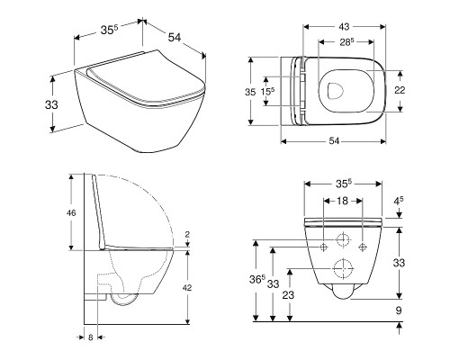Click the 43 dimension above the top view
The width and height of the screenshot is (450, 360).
coord(344,27)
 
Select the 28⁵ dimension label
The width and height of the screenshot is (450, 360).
coord(346,42)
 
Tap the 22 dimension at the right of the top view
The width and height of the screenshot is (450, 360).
coord(400,90)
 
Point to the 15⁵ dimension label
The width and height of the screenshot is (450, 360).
coord(267,91)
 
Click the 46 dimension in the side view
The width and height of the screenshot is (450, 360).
coord(71,213)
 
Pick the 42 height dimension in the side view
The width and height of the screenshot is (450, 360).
coord(187,288)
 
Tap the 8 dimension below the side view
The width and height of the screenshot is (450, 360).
coord(91,337)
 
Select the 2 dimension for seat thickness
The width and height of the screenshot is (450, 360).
coord(187,235)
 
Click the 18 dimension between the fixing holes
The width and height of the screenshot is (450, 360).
coord(342,201)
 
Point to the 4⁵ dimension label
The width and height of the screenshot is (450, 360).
coord(399,201)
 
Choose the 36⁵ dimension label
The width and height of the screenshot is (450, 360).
coord(257,279)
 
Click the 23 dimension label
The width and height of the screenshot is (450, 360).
coord(288,295)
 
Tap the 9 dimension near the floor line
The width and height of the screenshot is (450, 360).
coord(399,310)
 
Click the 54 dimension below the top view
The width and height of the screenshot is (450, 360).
coord(334,141)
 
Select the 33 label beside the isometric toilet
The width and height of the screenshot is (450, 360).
coord(51,104)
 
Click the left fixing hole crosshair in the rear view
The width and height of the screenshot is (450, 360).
coord(323,247)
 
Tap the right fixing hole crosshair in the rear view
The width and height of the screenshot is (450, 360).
coord(363,247)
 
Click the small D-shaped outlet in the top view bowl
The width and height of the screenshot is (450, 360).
coord(336,90)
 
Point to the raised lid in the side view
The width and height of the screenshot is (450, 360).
coord(99,211)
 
